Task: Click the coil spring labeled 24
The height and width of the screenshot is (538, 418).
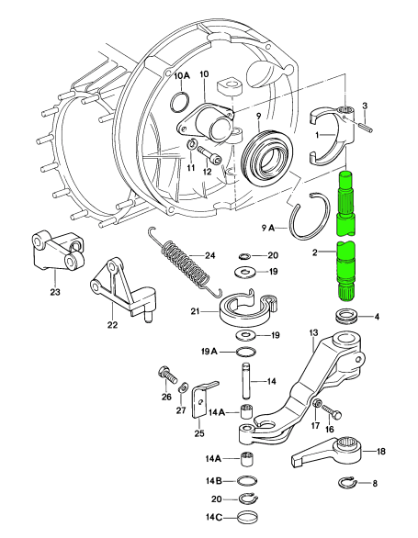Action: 186,263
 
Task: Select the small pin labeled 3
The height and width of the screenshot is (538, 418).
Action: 366,126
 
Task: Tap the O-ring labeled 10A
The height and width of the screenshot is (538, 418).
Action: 179,102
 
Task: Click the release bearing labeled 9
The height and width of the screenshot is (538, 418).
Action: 267,154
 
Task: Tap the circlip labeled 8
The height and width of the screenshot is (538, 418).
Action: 346,482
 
